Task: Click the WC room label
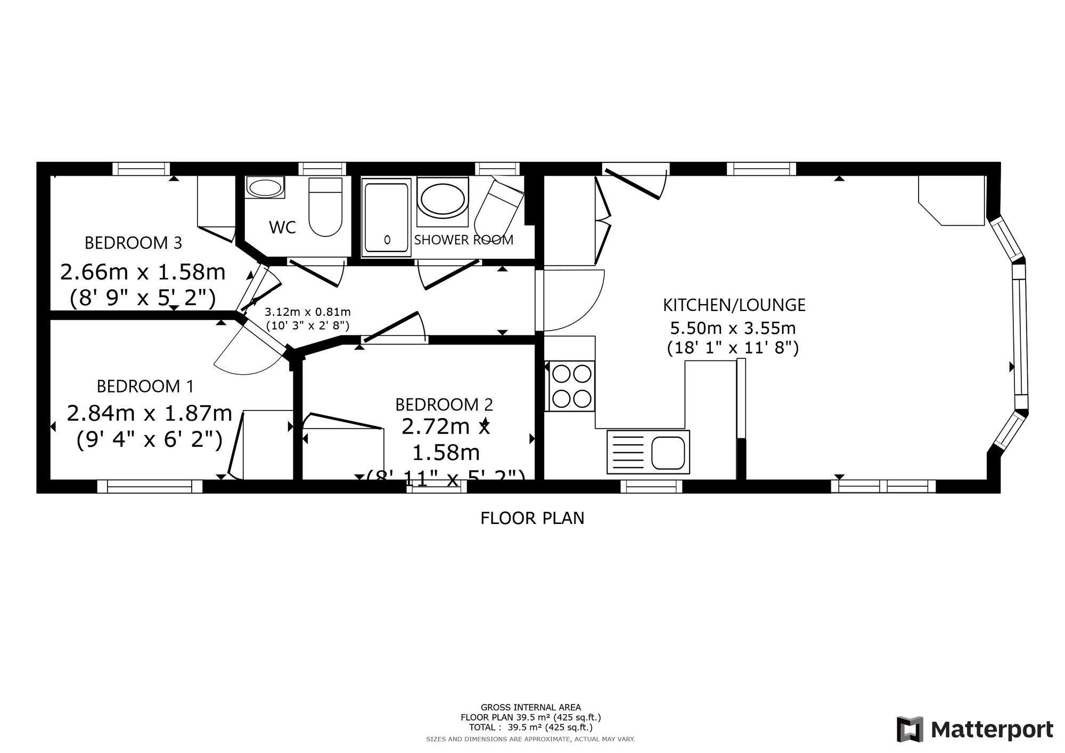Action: click(x=282, y=227)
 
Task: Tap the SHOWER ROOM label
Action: click(x=463, y=240)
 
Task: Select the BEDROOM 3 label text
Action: click(x=133, y=243)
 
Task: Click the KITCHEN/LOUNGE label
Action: click(x=734, y=305)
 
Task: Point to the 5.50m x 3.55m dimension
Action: click(x=733, y=328)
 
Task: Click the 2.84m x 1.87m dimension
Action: click(x=149, y=413)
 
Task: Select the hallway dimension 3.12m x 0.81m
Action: click(x=308, y=312)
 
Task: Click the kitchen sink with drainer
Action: click(x=648, y=452)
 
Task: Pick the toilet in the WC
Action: click(x=325, y=208)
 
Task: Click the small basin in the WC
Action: click(x=265, y=188)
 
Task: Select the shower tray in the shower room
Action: click(x=387, y=217)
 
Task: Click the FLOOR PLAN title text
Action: click(x=532, y=518)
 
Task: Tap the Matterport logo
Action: click(x=974, y=729)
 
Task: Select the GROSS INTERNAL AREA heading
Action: click(x=530, y=708)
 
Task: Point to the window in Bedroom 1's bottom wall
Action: click(x=150, y=486)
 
